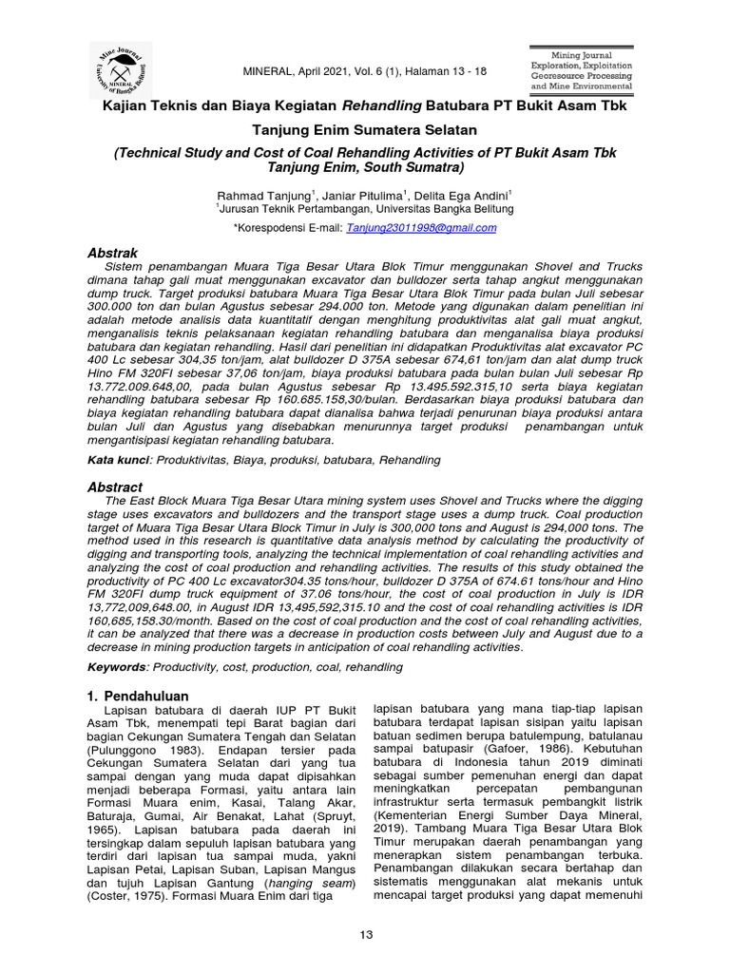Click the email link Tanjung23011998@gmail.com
(421, 228)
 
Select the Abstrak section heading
(113, 253)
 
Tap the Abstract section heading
(115, 486)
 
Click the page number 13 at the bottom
(365, 935)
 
